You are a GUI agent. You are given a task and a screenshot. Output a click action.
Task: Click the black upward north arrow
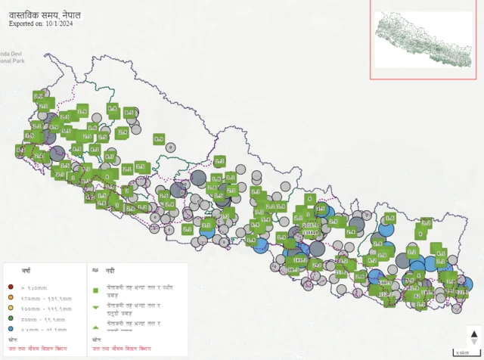click(474, 334)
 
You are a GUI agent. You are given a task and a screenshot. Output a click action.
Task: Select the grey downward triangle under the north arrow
click(474, 343)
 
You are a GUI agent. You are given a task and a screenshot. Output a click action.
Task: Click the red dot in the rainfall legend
click(11, 287)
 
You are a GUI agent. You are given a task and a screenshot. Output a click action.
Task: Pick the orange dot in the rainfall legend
click(11, 298)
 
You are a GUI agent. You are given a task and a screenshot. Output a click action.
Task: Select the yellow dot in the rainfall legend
click(11, 309)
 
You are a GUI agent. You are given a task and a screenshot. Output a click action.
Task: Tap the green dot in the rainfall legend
click(11, 320)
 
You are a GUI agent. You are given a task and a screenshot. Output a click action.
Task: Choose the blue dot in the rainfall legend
click(11, 331)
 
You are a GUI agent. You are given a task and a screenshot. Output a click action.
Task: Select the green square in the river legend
click(96, 290)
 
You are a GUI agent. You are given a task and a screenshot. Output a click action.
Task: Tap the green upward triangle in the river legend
click(96, 326)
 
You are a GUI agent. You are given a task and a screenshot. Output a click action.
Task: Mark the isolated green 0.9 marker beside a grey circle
click(159, 139)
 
